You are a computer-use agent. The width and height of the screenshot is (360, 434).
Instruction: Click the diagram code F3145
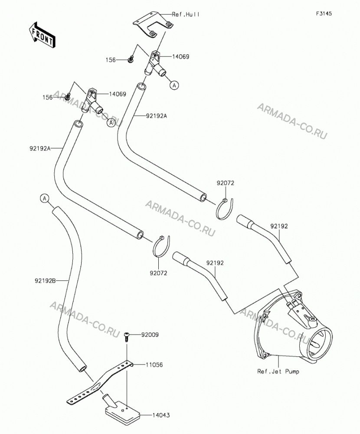click(324, 13)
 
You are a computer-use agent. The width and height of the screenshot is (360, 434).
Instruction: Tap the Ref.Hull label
click(185, 14)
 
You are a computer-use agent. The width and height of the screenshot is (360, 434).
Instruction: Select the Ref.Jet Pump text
click(278, 372)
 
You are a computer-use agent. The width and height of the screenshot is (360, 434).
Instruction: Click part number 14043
click(161, 415)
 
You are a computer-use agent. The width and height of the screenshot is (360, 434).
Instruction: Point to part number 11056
click(154, 365)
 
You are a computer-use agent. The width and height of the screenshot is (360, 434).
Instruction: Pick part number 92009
click(150, 335)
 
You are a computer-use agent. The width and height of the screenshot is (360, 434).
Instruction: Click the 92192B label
click(46, 281)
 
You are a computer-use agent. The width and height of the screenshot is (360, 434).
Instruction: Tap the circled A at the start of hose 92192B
click(45, 198)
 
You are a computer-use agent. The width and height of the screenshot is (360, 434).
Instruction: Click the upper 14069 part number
click(181, 57)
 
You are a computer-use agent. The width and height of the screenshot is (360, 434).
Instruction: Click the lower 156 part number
click(47, 97)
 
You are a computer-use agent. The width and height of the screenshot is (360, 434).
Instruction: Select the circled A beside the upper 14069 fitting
click(174, 85)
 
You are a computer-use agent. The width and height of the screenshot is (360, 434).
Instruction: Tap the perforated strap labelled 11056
click(100, 382)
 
